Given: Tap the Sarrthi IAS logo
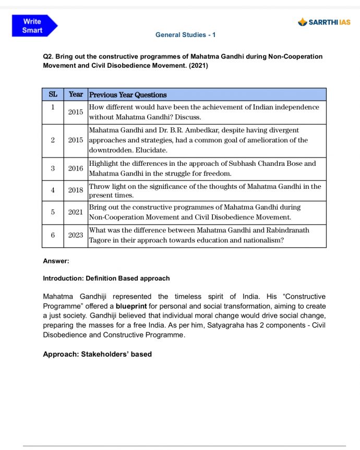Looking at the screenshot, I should [x=324, y=22].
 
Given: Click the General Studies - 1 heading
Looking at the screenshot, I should [x=185, y=35].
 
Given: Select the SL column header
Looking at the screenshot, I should [x=53, y=94].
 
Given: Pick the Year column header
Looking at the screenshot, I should [x=76, y=94].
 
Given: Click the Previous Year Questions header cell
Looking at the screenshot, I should [x=128, y=95].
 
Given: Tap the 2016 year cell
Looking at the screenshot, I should [x=76, y=168].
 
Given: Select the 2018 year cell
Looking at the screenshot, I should [x=76, y=190].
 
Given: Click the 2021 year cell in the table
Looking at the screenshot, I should [x=76, y=212].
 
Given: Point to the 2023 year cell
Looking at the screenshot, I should [x=76, y=235].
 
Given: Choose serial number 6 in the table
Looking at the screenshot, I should [x=53, y=235].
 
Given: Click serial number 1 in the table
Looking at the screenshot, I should [x=53, y=107].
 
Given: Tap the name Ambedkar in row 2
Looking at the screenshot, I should [x=207, y=130].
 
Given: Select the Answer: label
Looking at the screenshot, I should [x=56, y=261].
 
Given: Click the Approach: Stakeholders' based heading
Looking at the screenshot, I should [x=97, y=354].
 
